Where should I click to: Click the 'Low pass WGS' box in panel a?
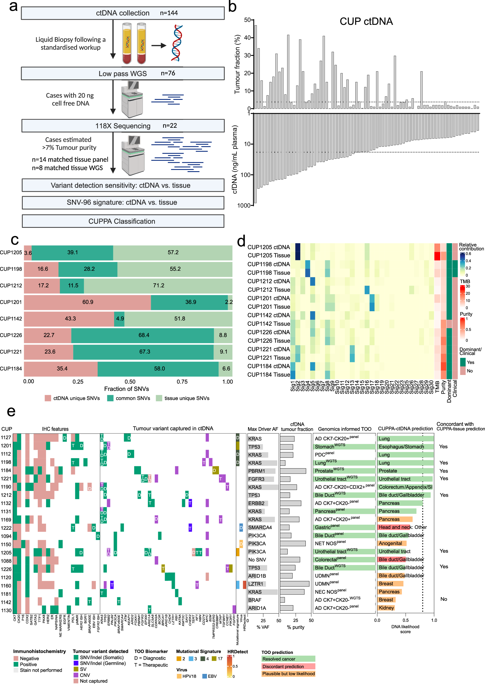tap(122, 73)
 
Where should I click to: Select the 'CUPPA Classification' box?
tap(122, 221)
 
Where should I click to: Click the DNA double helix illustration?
tap(177, 43)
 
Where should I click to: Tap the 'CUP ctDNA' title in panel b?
tap(366, 22)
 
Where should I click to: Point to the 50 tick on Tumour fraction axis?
tap(248, 20)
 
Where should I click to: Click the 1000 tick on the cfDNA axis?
tap(243, 205)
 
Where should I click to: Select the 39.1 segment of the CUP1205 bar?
tap(72, 252)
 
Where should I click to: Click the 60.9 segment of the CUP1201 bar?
tap(88, 302)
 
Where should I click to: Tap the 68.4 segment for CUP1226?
tap(144, 335)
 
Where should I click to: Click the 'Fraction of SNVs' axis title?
tap(126, 389)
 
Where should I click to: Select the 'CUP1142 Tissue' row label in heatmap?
tap(269, 324)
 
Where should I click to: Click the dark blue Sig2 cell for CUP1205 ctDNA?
tap(298, 248)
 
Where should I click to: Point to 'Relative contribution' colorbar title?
tap(471, 246)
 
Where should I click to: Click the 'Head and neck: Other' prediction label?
tap(402, 527)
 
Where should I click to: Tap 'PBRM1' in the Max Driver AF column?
tap(256, 471)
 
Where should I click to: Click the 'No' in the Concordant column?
tap(443, 599)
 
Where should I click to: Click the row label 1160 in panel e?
tap(6, 586)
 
